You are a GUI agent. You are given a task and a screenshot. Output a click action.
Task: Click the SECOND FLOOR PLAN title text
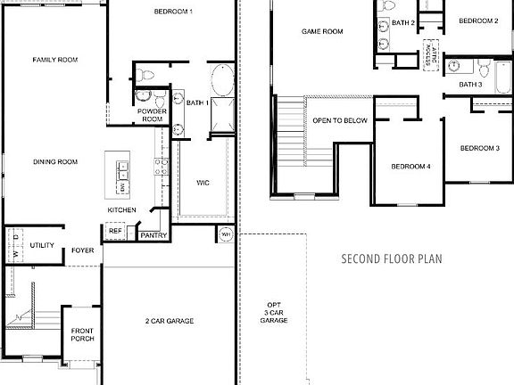392,259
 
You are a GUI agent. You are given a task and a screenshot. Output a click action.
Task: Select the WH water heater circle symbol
226,235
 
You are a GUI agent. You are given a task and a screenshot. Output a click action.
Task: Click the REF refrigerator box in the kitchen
115,231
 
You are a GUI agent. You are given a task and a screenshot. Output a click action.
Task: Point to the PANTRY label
151,236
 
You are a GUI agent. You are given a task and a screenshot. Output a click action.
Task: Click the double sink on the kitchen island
121,167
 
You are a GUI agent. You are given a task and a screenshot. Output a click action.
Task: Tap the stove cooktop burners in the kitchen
161,166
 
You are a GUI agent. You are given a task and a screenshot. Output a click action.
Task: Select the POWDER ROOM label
153,115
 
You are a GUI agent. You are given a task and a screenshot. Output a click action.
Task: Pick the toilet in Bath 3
483,68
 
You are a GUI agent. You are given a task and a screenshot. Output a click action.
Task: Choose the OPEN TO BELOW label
338,120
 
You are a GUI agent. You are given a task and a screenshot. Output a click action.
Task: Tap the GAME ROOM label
322,31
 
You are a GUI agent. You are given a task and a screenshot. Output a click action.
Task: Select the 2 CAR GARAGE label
170,321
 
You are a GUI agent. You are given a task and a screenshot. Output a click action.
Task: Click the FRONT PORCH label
82,335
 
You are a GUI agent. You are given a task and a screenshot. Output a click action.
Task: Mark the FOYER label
82,250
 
